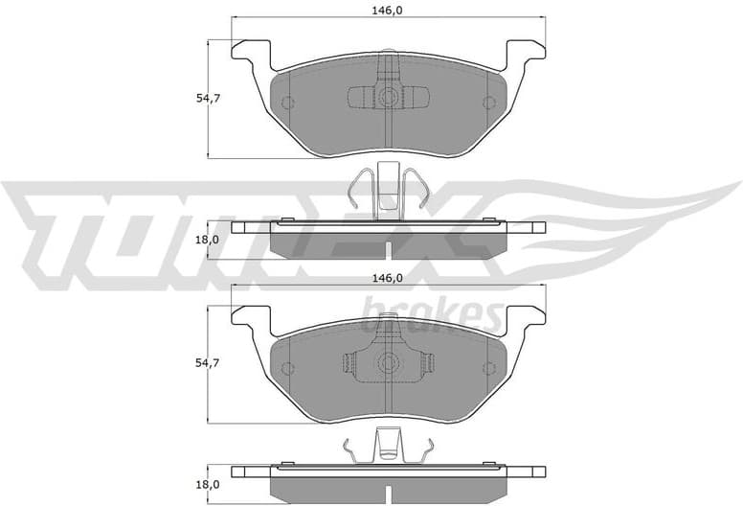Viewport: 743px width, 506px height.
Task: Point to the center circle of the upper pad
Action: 388,97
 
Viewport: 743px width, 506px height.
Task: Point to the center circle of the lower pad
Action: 388,363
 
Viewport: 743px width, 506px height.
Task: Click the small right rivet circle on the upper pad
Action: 490,103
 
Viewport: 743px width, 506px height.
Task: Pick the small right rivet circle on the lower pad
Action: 490,369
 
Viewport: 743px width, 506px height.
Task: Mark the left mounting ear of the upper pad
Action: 252,52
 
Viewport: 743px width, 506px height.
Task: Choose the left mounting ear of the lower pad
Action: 252,317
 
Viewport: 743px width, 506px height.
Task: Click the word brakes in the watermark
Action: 431,311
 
